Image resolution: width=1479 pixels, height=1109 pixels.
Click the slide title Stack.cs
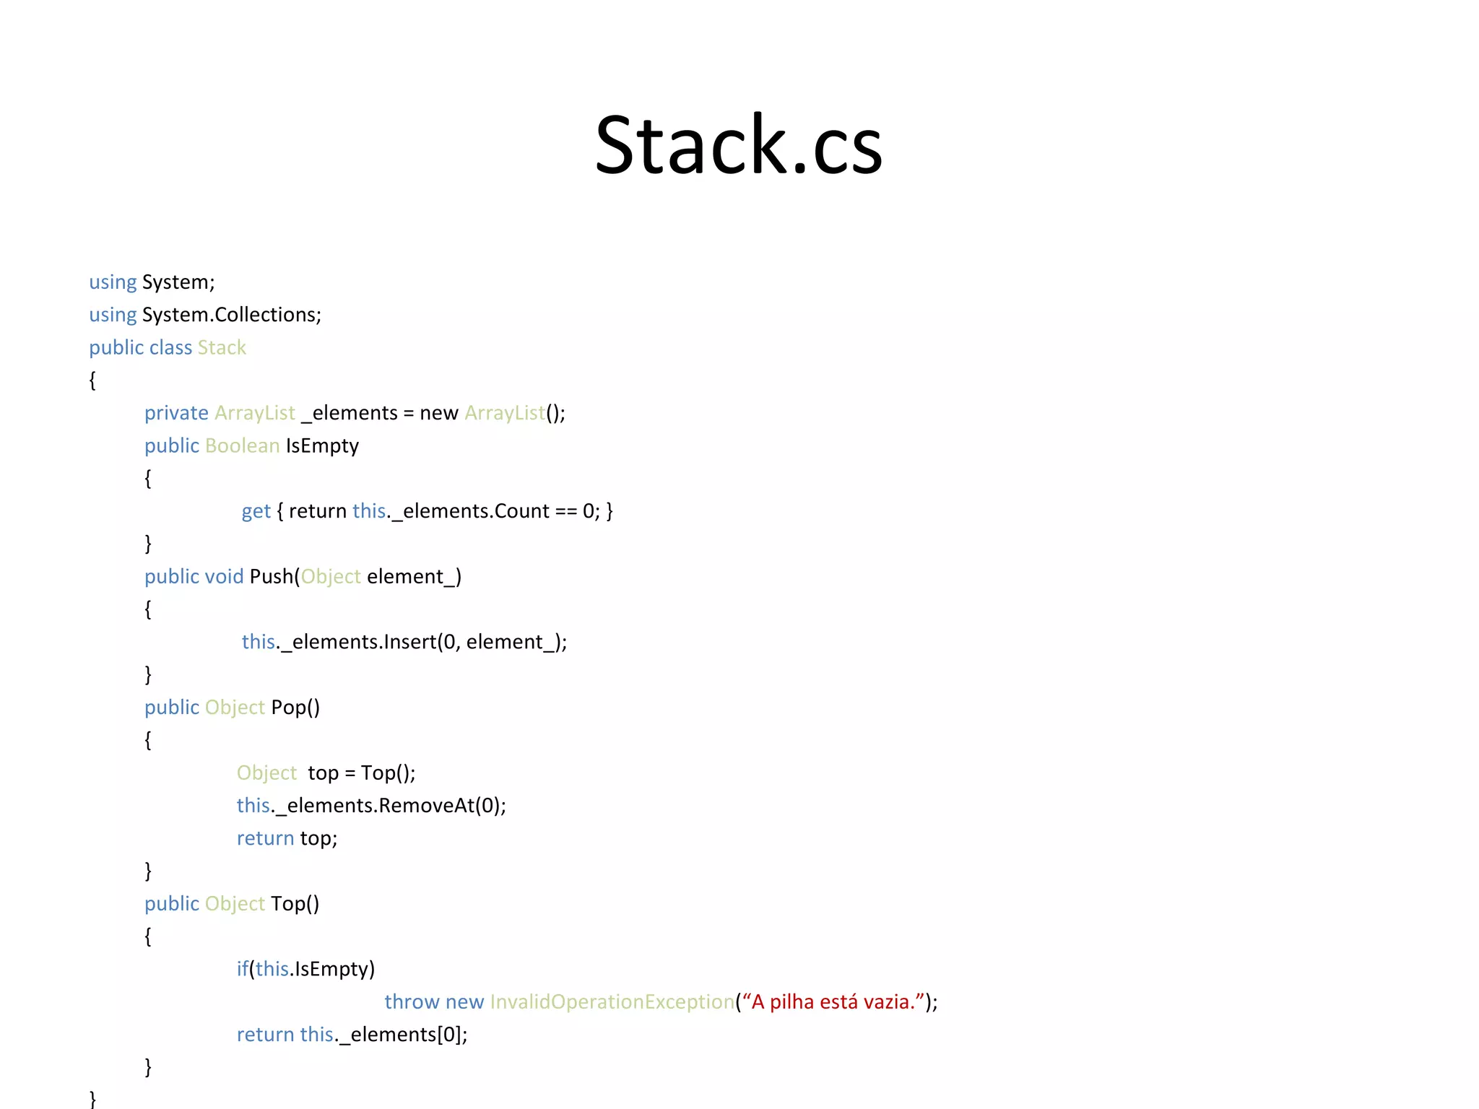738,146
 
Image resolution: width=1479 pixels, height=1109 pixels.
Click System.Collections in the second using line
230,315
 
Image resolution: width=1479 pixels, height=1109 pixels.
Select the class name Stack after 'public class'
222,348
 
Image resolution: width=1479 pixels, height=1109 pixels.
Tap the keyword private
176,413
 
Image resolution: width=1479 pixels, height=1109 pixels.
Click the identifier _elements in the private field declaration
350,413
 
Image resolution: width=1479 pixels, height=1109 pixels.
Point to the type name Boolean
242,446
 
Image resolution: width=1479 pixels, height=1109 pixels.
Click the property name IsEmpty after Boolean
322,446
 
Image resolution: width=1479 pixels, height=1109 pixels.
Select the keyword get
256,511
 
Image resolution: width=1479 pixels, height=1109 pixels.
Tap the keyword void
224,577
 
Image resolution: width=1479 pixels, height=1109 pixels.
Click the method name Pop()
295,708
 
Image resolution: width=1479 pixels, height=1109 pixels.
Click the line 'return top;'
287,838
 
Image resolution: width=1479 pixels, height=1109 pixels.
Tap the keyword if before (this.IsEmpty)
242,969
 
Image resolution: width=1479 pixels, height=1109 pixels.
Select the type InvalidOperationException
612,1002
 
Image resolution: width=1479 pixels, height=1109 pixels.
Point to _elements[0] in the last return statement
400,1035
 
